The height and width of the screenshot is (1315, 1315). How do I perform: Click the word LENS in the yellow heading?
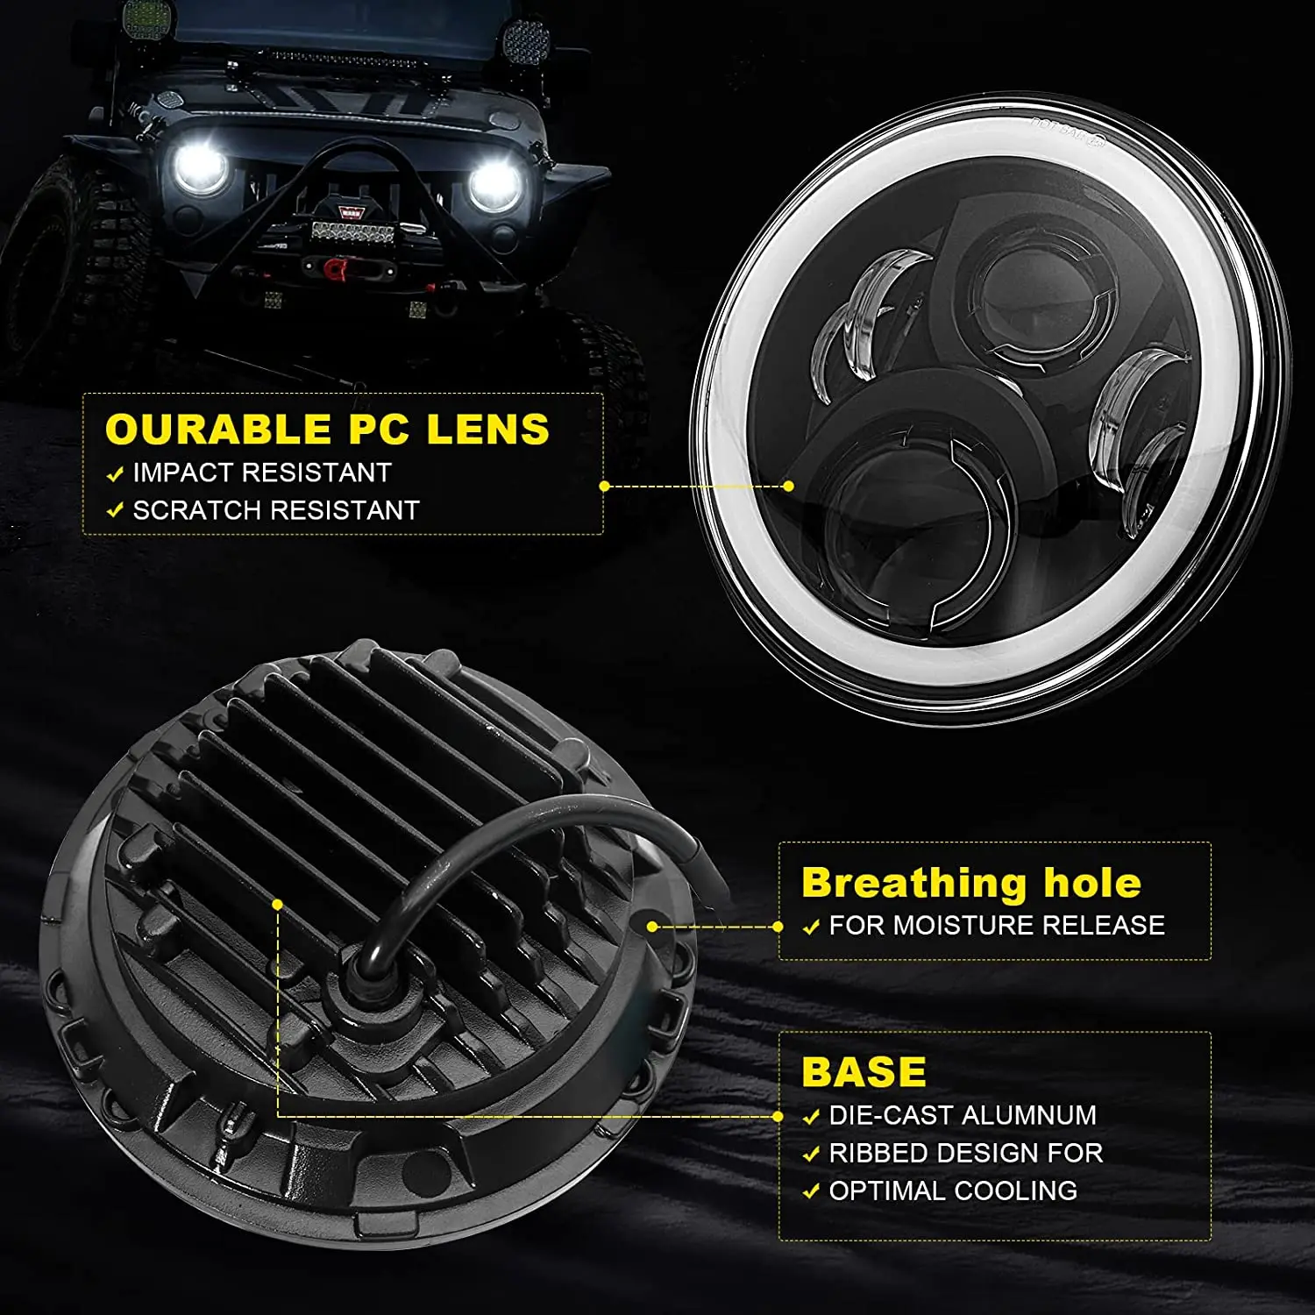487,430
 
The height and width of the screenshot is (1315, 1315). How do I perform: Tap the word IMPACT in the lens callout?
184,473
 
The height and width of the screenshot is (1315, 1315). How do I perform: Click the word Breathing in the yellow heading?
913,884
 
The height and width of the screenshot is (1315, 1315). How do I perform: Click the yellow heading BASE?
864,1072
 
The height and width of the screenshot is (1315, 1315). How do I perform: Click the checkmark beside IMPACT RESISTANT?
115,474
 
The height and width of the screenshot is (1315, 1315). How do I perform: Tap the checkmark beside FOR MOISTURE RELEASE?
811,928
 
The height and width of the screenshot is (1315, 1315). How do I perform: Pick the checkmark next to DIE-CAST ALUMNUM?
811,1117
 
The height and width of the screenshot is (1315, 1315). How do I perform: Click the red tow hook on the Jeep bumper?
333,268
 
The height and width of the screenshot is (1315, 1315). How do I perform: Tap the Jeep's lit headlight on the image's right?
494,186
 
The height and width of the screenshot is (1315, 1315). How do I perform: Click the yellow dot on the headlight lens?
788,486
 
